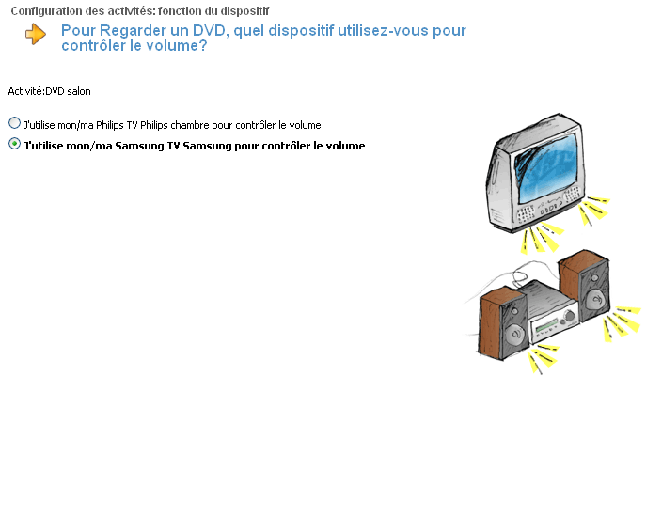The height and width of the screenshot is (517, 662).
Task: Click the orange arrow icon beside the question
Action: click(36, 34)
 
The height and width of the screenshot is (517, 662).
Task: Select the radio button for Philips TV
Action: click(14, 123)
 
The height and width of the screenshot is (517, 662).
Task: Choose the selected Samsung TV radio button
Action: click(14, 144)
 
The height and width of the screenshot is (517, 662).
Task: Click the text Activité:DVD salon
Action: click(50, 91)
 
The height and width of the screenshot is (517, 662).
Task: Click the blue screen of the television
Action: click(545, 166)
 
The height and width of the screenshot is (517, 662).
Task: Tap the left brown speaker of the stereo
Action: click(503, 322)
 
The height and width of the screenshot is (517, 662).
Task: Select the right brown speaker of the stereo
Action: click(585, 286)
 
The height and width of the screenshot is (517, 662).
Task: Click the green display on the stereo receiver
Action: click(547, 325)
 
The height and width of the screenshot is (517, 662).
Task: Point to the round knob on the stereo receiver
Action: click(570, 316)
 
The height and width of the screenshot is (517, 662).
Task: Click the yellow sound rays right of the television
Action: click(594, 210)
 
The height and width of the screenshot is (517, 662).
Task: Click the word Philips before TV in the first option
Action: click(110, 125)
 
